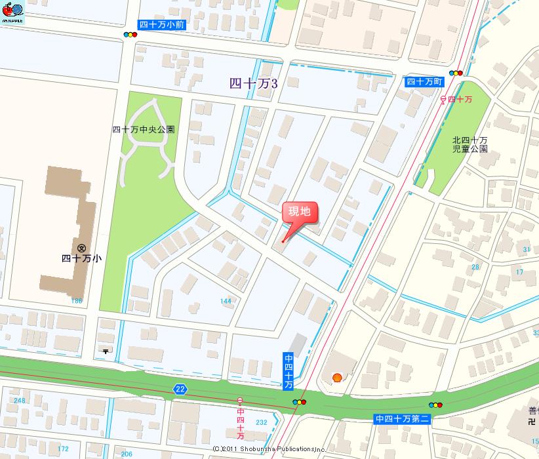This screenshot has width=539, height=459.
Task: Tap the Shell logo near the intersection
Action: click(337, 377)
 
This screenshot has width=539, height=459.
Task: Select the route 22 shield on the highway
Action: click(180, 389)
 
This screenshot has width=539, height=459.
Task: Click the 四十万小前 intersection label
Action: click(161, 25)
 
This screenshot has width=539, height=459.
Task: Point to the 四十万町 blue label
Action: click(424, 81)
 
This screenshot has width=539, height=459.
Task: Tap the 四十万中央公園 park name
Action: click(144, 130)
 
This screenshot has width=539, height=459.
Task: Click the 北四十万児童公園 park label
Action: click(470, 144)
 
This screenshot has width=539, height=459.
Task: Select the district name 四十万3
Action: click(254, 83)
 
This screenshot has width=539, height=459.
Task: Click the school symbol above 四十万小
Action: click(81, 248)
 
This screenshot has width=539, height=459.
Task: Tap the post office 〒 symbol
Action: click(105, 350)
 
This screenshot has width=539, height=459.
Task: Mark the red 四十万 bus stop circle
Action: click(443, 99)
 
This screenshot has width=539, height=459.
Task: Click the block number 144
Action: click(226, 301)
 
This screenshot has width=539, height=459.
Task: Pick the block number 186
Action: click(77, 300)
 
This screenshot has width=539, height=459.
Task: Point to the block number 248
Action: click(19, 401)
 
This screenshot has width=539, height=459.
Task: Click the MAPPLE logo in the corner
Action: click(12, 12)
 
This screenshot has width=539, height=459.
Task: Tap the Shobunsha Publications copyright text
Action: click(269, 449)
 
